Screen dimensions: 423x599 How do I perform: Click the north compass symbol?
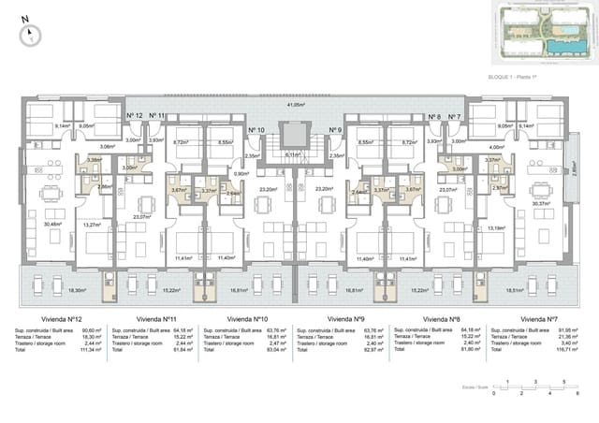(31, 34)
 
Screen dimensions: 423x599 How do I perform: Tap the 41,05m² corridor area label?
(297, 106)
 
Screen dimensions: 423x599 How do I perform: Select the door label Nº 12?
(134, 115)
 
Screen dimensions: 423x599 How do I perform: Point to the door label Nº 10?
(256, 130)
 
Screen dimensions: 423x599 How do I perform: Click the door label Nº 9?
(335, 130)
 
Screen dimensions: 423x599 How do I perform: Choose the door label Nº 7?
(455, 117)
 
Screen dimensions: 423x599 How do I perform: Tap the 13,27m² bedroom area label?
(91, 225)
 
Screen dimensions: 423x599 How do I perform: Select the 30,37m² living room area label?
(540, 203)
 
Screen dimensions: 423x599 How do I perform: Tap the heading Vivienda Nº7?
(539, 318)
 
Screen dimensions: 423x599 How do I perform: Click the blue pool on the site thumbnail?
(562, 44)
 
